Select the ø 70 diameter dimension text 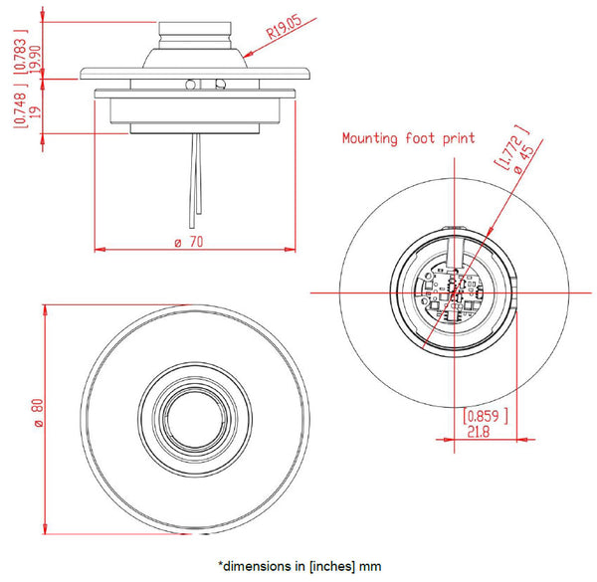(190, 242)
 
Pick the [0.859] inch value (487, 414)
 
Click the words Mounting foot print (408, 138)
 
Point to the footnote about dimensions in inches (298, 565)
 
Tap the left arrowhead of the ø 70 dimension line (98, 248)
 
